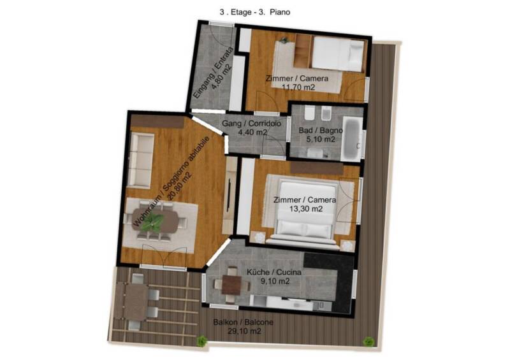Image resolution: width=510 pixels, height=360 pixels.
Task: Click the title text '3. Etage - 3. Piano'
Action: click(x=255, y=12)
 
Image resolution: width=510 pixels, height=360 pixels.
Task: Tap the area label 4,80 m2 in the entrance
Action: click(x=222, y=76)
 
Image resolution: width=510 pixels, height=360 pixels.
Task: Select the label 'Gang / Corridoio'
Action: click(x=251, y=124)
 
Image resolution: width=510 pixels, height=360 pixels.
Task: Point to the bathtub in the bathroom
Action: click(x=353, y=138)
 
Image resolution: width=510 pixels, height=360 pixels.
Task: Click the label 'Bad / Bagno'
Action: click(x=321, y=131)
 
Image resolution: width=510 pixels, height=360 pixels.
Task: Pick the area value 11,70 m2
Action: click(x=298, y=87)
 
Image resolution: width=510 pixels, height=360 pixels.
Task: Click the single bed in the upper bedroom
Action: click(x=338, y=54)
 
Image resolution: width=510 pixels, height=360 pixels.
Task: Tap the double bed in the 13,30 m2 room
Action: click(x=305, y=212)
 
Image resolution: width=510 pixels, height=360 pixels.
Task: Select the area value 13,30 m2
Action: click(x=306, y=209)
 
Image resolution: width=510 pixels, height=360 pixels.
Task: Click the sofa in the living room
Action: click(x=141, y=160)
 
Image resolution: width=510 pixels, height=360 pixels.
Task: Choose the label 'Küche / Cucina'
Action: click(x=274, y=272)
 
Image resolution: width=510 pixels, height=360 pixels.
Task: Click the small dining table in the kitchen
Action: click(x=231, y=285)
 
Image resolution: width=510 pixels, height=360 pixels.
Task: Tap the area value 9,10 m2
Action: click(x=275, y=281)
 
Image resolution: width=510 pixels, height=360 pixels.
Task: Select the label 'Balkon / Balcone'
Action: click(x=244, y=322)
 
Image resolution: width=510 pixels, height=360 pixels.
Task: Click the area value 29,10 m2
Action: click(x=244, y=331)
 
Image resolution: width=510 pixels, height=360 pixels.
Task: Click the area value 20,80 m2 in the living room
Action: click(x=180, y=186)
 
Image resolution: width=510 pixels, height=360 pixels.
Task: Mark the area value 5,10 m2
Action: click(x=321, y=140)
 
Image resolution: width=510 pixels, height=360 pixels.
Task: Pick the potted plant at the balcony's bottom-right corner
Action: click(x=368, y=342)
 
